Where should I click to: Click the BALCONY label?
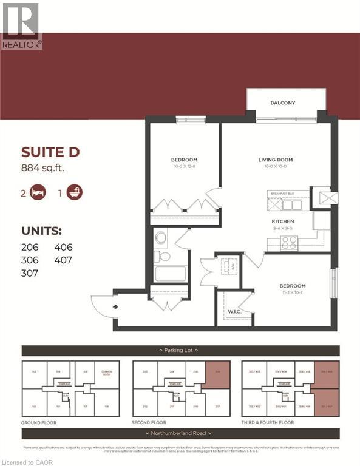[x=282, y=103]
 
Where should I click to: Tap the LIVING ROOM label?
[x=276, y=160]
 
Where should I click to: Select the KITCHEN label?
[x=282, y=221]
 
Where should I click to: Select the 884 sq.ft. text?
[x=43, y=168]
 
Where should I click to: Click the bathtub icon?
[x=75, y=193]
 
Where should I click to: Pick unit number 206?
[x=30, y=247]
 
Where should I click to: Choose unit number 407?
[x=63, y=260]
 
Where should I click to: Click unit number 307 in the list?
[x=30, y=274]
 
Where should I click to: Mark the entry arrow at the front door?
[x=115, y=306]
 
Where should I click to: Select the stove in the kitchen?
[x=288, y=242]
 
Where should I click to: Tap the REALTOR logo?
[x=21, y=25]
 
